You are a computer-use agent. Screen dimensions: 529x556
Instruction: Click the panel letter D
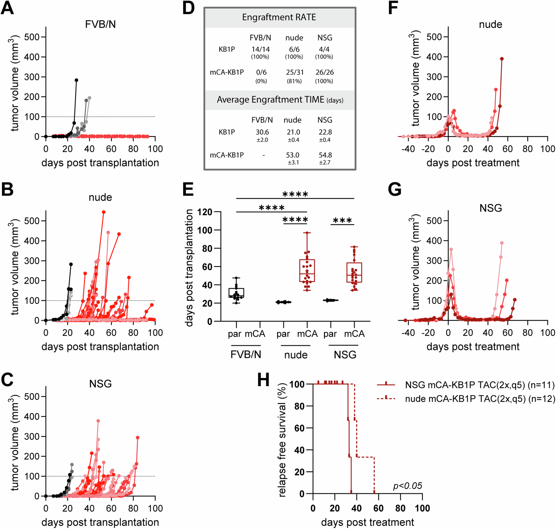(188, 8)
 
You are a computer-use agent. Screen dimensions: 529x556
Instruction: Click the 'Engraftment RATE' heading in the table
(279, 17)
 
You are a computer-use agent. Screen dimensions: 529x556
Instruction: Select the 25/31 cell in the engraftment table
(295, 72)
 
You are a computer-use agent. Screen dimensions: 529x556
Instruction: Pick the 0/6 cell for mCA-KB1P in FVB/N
(261, 72)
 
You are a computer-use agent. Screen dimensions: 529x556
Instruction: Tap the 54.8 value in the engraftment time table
(325, 155)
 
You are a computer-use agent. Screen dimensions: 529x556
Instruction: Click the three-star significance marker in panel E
(342, 220)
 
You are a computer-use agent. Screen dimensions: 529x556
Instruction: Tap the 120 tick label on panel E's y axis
(205, 212)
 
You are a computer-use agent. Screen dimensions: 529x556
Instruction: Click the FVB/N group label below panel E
(246, 354)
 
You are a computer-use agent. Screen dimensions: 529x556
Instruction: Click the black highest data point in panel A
(76, 80)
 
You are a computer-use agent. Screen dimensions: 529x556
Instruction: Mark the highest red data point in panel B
(103, 212)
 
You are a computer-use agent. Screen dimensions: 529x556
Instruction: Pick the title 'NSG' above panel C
(100, 384)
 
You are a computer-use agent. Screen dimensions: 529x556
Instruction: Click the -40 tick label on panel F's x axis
(408, 149)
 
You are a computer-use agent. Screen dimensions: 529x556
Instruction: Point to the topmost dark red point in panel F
(502, 59)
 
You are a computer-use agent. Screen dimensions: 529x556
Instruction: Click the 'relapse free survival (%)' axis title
(282, 439)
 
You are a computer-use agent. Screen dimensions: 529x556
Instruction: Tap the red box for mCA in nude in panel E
(307, 270)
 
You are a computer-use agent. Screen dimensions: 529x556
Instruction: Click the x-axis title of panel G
(473, 346)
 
